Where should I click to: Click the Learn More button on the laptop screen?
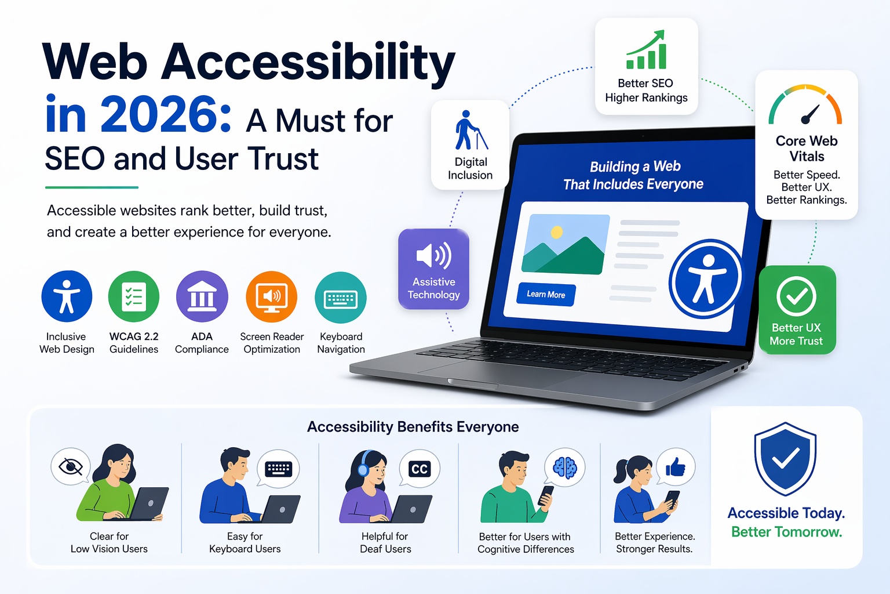tap(546, 295)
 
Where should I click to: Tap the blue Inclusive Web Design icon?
tap(67, 296)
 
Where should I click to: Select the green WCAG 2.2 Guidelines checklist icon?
tap(134, 296)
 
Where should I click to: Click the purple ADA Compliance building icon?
tap(202, 296)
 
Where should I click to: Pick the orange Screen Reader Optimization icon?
tap(272, 296)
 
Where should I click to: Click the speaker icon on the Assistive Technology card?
tap(433, 255)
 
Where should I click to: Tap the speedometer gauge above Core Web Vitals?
tap(805, 106)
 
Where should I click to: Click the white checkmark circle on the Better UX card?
tap(797, 296)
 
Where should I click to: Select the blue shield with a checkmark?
tap(785, 458)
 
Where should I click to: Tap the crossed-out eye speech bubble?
tap(71, 466)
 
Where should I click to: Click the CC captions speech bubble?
tap(420, 469)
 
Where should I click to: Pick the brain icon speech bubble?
tap(565, 467)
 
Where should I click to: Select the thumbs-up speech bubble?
tap(676, 467)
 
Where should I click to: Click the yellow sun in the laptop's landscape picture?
tap(557, 232)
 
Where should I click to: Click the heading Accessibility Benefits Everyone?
tap(413, 427)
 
